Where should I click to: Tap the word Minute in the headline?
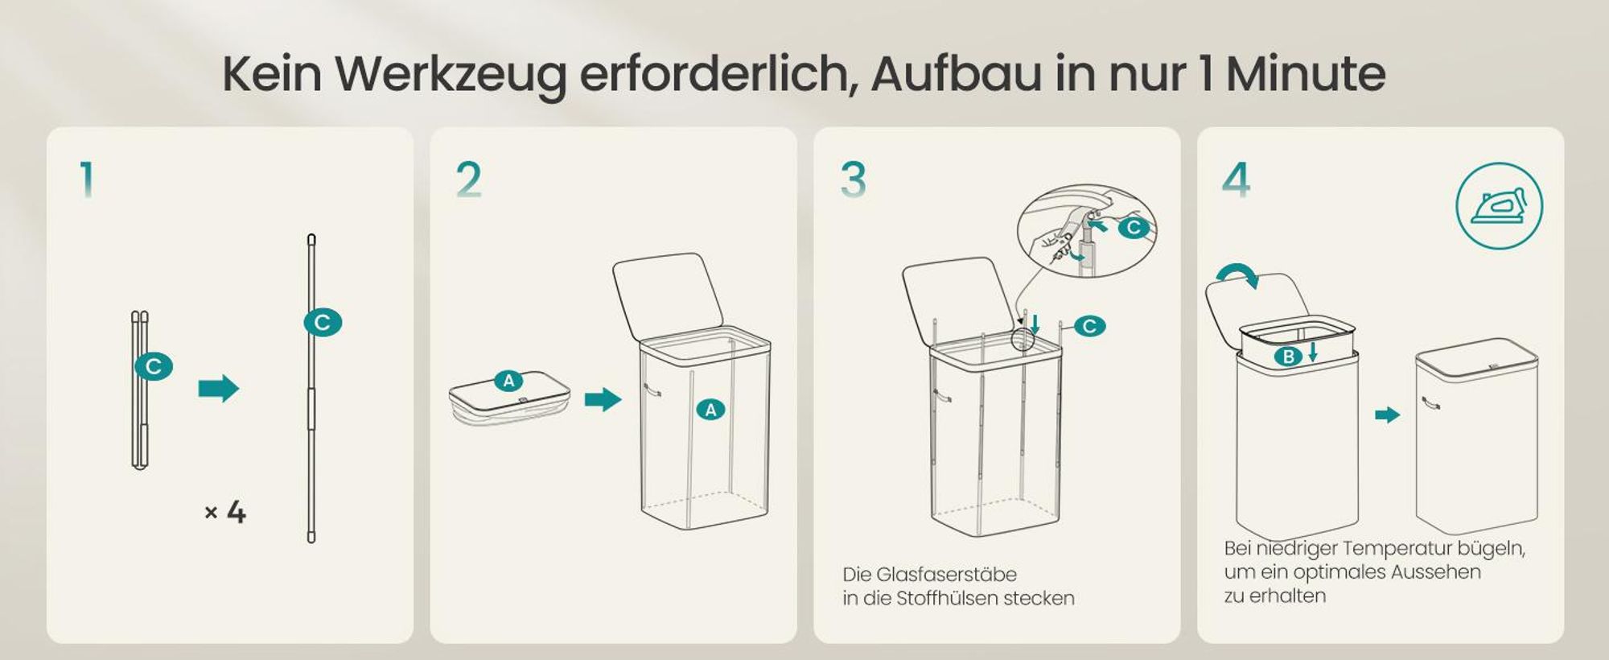pyautogui.click(x=1306, y=74)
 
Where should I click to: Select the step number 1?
pyautogui.click(x=87, y=179)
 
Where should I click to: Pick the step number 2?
pyautogui.click(x=468, y=179)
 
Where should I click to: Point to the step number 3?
pyautogui.click(x=853, y=179)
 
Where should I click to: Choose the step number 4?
pyautogui.click(x=1236, y=179)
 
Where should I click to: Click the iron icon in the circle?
pyautogui.click(x=1499, y=206)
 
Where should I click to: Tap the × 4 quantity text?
pyautogui.click(x=225, y=512)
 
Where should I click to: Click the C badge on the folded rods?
pyautogui.click(x=154, y=367)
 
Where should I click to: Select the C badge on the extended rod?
pyautogui.click(x=323, y=323)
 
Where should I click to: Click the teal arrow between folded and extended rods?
pyautogui.click(x=219, y=388)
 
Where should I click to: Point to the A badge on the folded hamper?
pyautogui.click(x=508, y=381)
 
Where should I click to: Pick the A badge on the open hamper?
pyautogui.click(x=710, y=410)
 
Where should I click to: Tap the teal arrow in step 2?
pyautogui.click(x=603, y=399)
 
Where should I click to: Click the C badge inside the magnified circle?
pyautogui.click(x=1134, y=228)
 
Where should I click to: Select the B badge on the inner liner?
pyautogui.click(x=1288, y=357)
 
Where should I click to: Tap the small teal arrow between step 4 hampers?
pyautogui.click(x=1387, y=415)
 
